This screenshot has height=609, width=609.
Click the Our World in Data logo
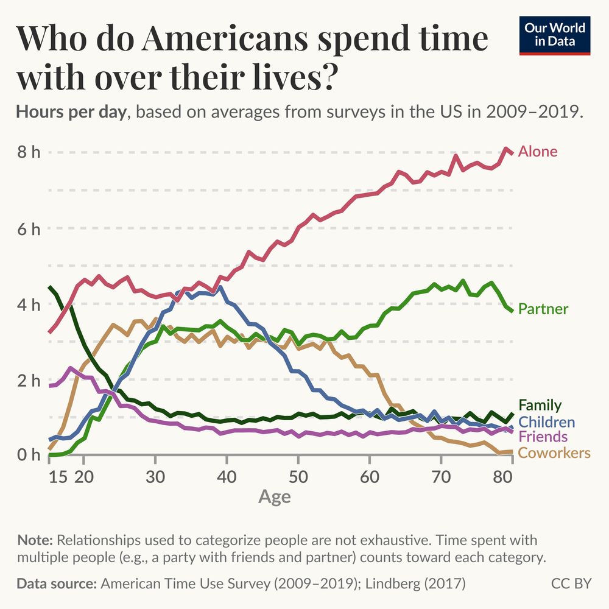point(555,35)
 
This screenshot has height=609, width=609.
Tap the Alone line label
point(538,152)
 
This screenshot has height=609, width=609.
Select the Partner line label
point(543,309)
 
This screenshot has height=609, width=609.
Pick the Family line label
point(540,406)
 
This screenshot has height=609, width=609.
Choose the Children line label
point(546,422)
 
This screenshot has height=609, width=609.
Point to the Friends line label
point(543,437)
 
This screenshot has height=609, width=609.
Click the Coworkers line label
point(554,452)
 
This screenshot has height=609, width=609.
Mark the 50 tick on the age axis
point(298,476)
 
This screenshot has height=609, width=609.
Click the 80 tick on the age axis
point(503,476)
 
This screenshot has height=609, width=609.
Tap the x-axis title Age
point(274,497)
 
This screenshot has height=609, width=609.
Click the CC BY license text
point(571,583)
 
